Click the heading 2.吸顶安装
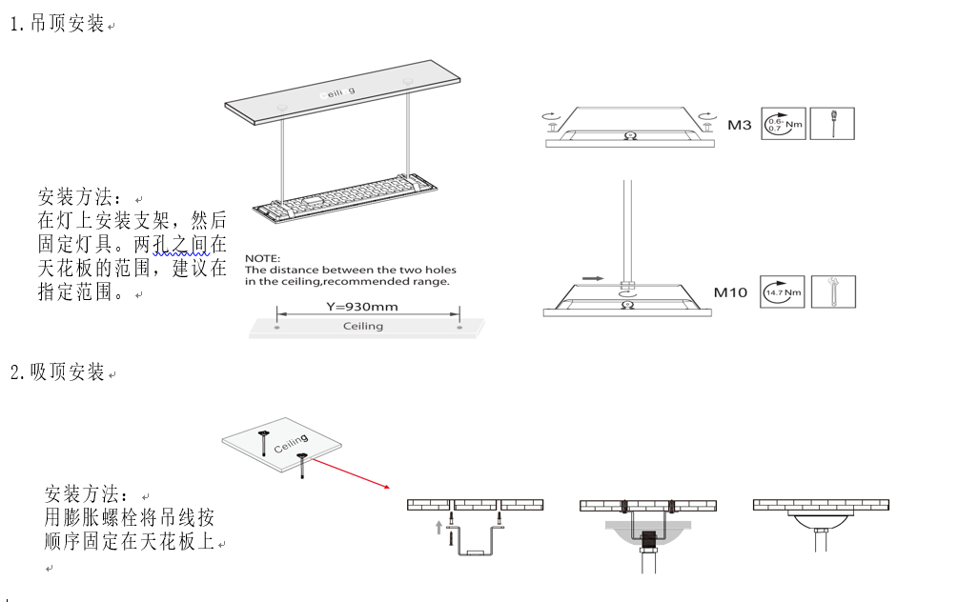[57, 372]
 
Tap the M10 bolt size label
[731, 292]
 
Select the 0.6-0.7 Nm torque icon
[784, 125]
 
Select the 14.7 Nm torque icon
[784, 292]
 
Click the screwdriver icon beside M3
[832, 125]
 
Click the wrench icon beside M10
[832, 292]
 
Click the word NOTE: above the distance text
[263, 259]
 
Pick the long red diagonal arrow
[350, 472]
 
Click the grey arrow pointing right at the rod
[593, 279]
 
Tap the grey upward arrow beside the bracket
[438, 527]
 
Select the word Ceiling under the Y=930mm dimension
[362, 326]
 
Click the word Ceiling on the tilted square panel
[291, 444]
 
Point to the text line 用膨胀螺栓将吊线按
[130, 518]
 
